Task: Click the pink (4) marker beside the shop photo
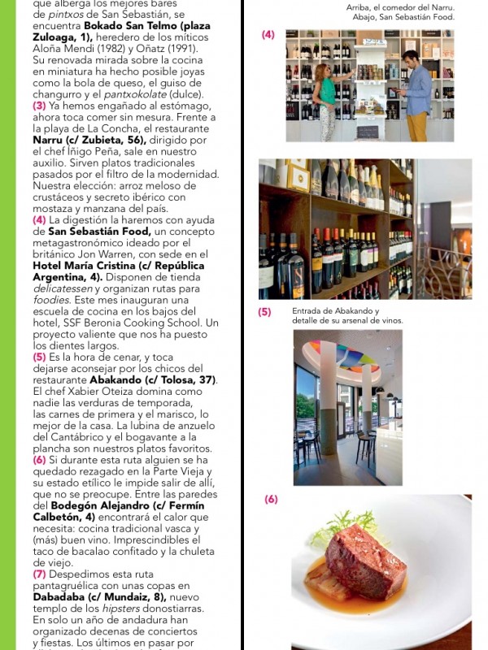[x=268, y=35]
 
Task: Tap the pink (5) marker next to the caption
[x=264, y=312]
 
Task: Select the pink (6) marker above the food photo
[x=271, y=499]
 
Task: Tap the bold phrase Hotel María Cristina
[x=72, y=266]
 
